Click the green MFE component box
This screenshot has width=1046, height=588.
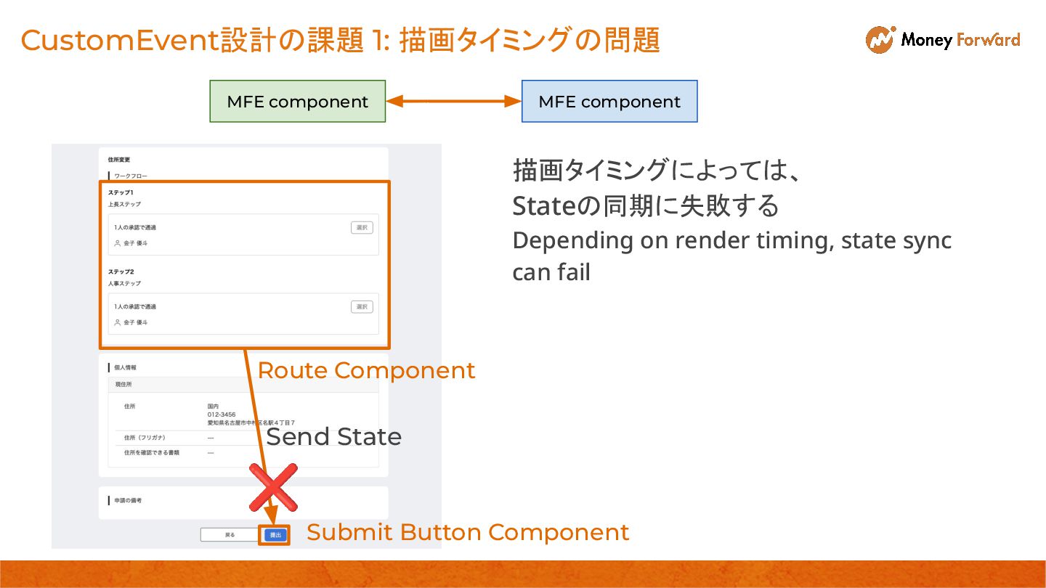297,102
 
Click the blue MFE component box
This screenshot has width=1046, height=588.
609,102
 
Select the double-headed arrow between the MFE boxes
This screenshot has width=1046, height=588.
453,102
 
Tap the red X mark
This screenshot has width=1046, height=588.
273,487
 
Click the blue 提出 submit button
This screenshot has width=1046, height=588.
275,535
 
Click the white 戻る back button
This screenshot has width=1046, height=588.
230,535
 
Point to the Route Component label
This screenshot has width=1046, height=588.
366,371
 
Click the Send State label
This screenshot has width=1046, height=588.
334,437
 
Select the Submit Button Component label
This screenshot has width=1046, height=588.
468,532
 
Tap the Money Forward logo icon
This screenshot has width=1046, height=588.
880,40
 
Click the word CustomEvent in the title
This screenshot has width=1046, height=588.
120,41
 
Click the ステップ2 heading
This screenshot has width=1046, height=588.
121,271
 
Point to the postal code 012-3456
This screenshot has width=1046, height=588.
222,415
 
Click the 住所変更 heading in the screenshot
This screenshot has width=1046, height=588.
118,160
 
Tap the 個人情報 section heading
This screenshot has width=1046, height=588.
125,368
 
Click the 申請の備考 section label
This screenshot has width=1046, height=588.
128,501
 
